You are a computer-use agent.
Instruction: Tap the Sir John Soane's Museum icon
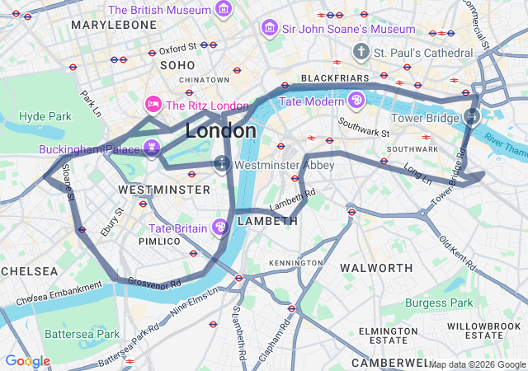click(x=269, y=29)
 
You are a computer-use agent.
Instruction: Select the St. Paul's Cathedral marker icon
click(x=360, y=53)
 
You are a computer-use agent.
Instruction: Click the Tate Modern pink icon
click(x=356, y=101)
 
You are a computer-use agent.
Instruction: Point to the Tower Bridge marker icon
click(x=471, y=116)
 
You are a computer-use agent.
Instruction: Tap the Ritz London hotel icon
click(x=153, y=105)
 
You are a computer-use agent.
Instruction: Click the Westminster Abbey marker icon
click(x=222, y=163)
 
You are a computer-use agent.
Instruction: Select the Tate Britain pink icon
click(x=220, y=227)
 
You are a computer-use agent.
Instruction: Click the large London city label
click(x=220, y=130)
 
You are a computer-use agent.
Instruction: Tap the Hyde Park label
click(x=45, y=116)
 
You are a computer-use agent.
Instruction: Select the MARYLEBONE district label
click(x=114, y=25)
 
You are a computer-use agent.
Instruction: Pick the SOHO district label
click(x=177, y=64)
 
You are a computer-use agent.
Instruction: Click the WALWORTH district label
click(x=376, y=268)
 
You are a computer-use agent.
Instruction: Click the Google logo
click(x=27, y=361)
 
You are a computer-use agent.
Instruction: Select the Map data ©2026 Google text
click(x=477, y=364)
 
